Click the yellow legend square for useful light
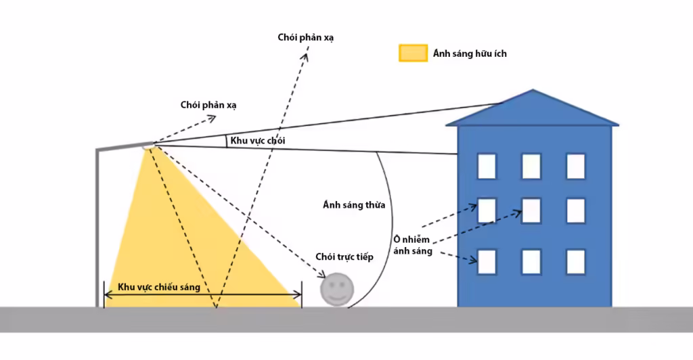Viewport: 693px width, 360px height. click(x=413, y=53)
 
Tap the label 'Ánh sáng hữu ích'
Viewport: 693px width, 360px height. click(x=470, y=53)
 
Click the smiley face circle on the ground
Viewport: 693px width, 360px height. click(x=337, y=290)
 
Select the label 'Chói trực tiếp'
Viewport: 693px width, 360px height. click(x=344, y=256)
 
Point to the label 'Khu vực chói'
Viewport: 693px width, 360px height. click(x=258, y=141)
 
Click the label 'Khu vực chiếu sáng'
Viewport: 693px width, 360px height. click(x=159, y=287)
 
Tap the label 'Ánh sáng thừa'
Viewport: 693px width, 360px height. click(x=354, y=205)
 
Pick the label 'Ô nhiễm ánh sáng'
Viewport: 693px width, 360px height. click(x=412, y=245)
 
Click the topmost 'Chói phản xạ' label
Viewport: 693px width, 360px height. click(x=306, y=37)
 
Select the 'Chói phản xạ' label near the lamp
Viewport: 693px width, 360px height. click(x=208, y=105)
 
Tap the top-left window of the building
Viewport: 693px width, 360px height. click(x=487, y=166)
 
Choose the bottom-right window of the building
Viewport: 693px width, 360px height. click(x=576, y=262)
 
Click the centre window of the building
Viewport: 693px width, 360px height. click(x=531, y=210)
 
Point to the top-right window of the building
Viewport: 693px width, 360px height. click(x=576, y=166)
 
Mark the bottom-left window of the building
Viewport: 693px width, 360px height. click(x=487, y=262)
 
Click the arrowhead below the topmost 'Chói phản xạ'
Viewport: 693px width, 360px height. click(x=305, y=58)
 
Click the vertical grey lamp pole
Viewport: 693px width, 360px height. click(x=97, y=228)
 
